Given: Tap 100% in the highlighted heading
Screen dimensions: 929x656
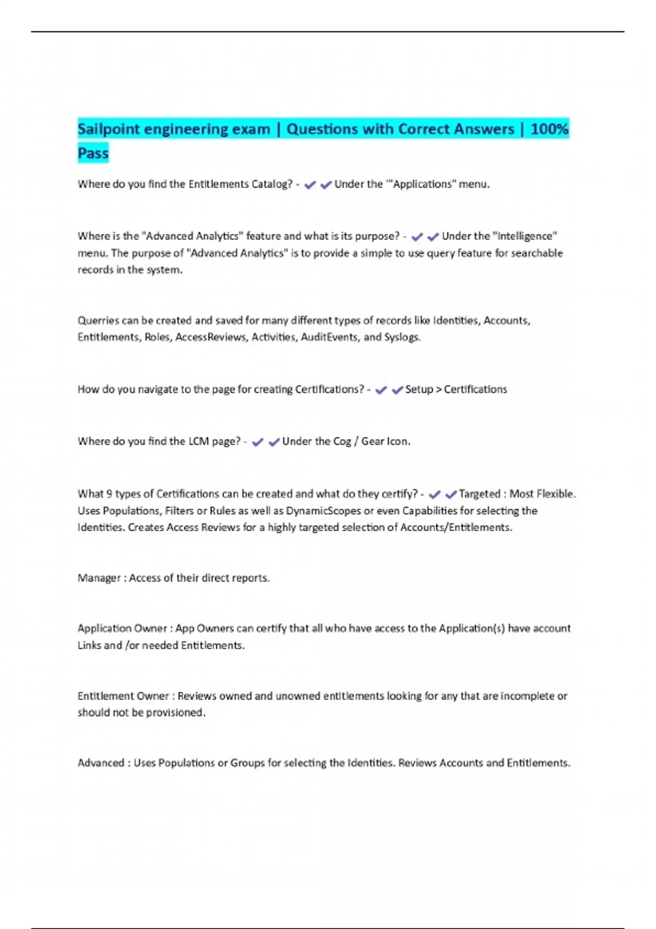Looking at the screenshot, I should click(x=549, y=130).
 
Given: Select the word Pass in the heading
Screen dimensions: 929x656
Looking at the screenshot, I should click(x=93, y=154).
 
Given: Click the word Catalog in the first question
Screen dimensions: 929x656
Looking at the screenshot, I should click(x=272, y=184).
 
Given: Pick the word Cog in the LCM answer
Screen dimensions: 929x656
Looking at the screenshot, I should click(x=342, y=441).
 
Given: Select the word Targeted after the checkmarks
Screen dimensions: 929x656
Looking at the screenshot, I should click(x=479, y=494).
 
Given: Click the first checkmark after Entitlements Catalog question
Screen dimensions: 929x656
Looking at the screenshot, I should click(x=310, y=185).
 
